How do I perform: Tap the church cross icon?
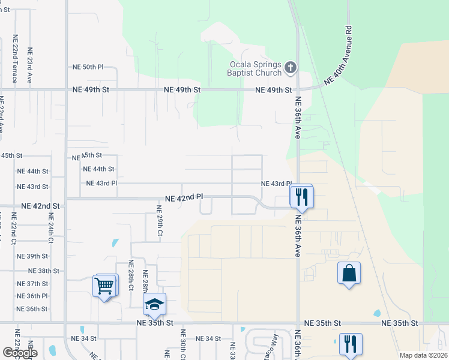pos(291,68)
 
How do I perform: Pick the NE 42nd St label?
pos(41,206)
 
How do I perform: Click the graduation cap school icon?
pos(155,305)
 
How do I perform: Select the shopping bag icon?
pos(349,274)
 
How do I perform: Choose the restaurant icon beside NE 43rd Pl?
pos(301,196)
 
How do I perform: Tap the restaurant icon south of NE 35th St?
pos(349,344)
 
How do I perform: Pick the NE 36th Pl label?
pos(32,296)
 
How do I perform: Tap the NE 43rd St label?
pos(32,187)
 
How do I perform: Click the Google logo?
pos(20,353)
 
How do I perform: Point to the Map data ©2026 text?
pos(423,355)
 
